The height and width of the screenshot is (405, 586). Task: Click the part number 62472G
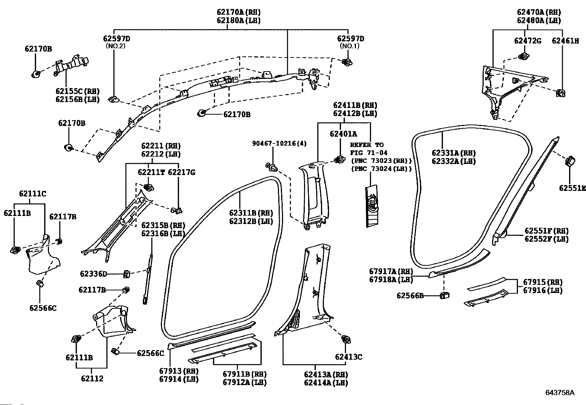tap(527, 41)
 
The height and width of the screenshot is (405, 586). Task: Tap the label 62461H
tap(565, 41)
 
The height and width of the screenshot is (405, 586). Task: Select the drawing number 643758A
tap(560, 393)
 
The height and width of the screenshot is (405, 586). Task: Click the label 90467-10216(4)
tap(279, 144)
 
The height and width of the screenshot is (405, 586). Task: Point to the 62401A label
tap(343, 134)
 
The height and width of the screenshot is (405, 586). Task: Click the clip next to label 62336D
tap(126, 274)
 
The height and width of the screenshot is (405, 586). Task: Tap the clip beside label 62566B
tap(445, 295)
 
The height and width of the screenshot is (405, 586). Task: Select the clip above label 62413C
tap(346, 339)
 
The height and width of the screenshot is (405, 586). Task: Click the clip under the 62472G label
tap(524, 56)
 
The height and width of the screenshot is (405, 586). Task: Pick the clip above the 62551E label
tap(570, 161)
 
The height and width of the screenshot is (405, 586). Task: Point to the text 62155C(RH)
tap(77, 91)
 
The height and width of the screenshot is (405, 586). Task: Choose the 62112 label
tap(92, 378)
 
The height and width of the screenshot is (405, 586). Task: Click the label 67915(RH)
tap(543, 282)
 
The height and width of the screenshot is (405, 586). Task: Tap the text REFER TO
tap(367, 145)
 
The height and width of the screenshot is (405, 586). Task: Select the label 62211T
tap(151, 172)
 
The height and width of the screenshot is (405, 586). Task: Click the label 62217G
tap(181, 172)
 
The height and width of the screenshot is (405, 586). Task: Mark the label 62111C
tap(32, 193)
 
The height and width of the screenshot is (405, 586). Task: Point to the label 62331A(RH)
tap(453, 153)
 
